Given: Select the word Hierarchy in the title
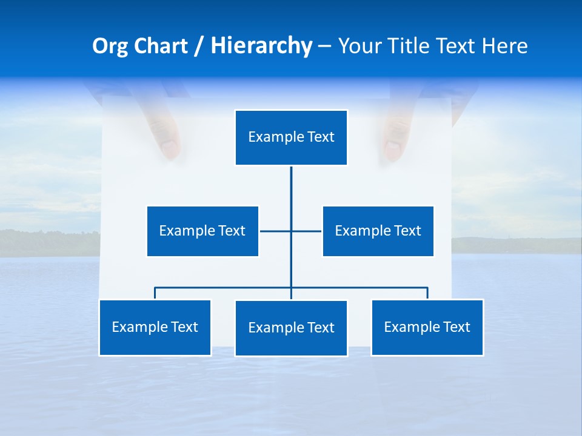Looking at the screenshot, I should (x=261, y=46).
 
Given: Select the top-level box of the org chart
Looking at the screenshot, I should (x=291, y=137).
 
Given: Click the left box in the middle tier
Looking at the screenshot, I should (x=202, y=231).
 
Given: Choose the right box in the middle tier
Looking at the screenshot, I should (x=378, y=231).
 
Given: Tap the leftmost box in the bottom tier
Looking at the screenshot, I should (x=155, y=327).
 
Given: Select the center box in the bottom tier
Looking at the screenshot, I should (x=291, y=328).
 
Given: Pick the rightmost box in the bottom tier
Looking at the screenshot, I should (x=427, y=327).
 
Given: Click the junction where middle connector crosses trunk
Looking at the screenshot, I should (x=291, y=231).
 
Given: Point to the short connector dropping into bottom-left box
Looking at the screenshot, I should (x=155, y=293).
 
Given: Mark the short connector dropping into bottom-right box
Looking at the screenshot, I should (x=427, y=293).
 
